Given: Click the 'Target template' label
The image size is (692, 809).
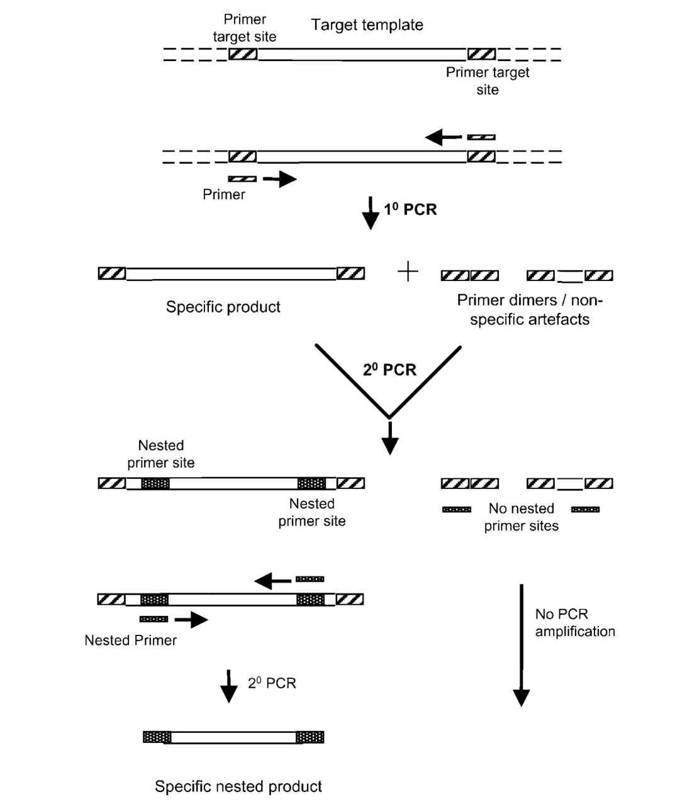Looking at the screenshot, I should pos(367,25).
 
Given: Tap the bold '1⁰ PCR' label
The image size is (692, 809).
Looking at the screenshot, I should pos(410,209).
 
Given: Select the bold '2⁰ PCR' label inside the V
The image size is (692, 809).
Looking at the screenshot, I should pos(389,370).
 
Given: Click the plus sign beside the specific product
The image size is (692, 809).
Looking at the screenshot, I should pos(408,272).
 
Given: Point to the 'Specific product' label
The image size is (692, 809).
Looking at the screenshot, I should pos(223,307).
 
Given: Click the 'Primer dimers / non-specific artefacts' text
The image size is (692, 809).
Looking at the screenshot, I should pos(530,309).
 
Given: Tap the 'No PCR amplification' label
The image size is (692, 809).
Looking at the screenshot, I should pos(574,622).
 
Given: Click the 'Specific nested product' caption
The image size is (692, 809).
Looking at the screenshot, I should pos(238,786).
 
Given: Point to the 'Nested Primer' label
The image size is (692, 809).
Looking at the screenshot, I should pos(130,640).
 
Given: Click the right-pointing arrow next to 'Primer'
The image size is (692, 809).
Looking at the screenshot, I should pos(280,179).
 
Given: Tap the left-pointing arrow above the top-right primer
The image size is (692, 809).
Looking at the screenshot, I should pos(442,136).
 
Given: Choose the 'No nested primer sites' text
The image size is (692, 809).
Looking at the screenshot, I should pos(521,517).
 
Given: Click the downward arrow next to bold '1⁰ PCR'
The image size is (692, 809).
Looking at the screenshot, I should pos(371,213).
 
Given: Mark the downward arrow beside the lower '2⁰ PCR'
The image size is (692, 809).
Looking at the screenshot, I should pos(228,686).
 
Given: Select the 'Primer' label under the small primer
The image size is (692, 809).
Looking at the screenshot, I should pos(223,194).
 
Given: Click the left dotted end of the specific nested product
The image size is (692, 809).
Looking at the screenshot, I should pos(157,737).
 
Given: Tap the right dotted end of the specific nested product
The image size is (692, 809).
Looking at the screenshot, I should pos(310,737).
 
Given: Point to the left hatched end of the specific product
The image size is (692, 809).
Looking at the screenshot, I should pos(112,273).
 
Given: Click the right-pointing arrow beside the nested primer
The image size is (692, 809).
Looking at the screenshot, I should pos(191,620).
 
